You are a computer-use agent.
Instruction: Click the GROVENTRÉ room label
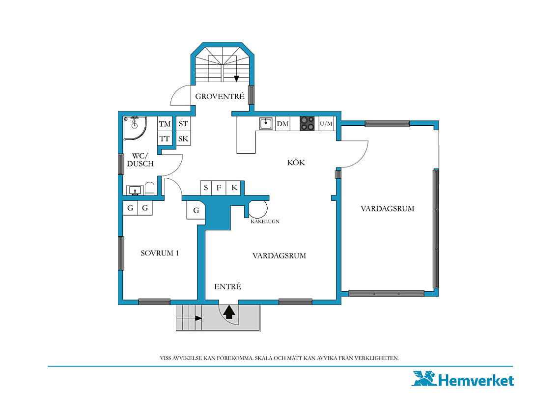220,96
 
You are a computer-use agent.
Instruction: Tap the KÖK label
296,162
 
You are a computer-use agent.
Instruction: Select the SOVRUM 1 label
160,253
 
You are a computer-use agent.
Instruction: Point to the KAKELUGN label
265,222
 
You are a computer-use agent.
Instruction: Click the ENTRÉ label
227,286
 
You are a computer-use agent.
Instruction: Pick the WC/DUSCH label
140,160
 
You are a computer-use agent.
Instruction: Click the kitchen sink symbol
266,124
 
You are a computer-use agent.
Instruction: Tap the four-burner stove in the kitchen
307,124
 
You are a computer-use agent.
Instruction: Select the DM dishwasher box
282,124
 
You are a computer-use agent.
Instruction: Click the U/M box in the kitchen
326,124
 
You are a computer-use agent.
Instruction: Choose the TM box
165,124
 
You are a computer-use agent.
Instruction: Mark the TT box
165,138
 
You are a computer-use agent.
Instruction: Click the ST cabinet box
183,124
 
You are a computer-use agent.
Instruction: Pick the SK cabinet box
183,138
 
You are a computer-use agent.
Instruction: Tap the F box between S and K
219,188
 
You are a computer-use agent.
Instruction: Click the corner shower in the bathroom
135,128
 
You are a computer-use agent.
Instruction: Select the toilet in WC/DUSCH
150,189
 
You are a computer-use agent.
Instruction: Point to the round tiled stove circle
258,209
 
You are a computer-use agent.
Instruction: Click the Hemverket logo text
476,380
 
